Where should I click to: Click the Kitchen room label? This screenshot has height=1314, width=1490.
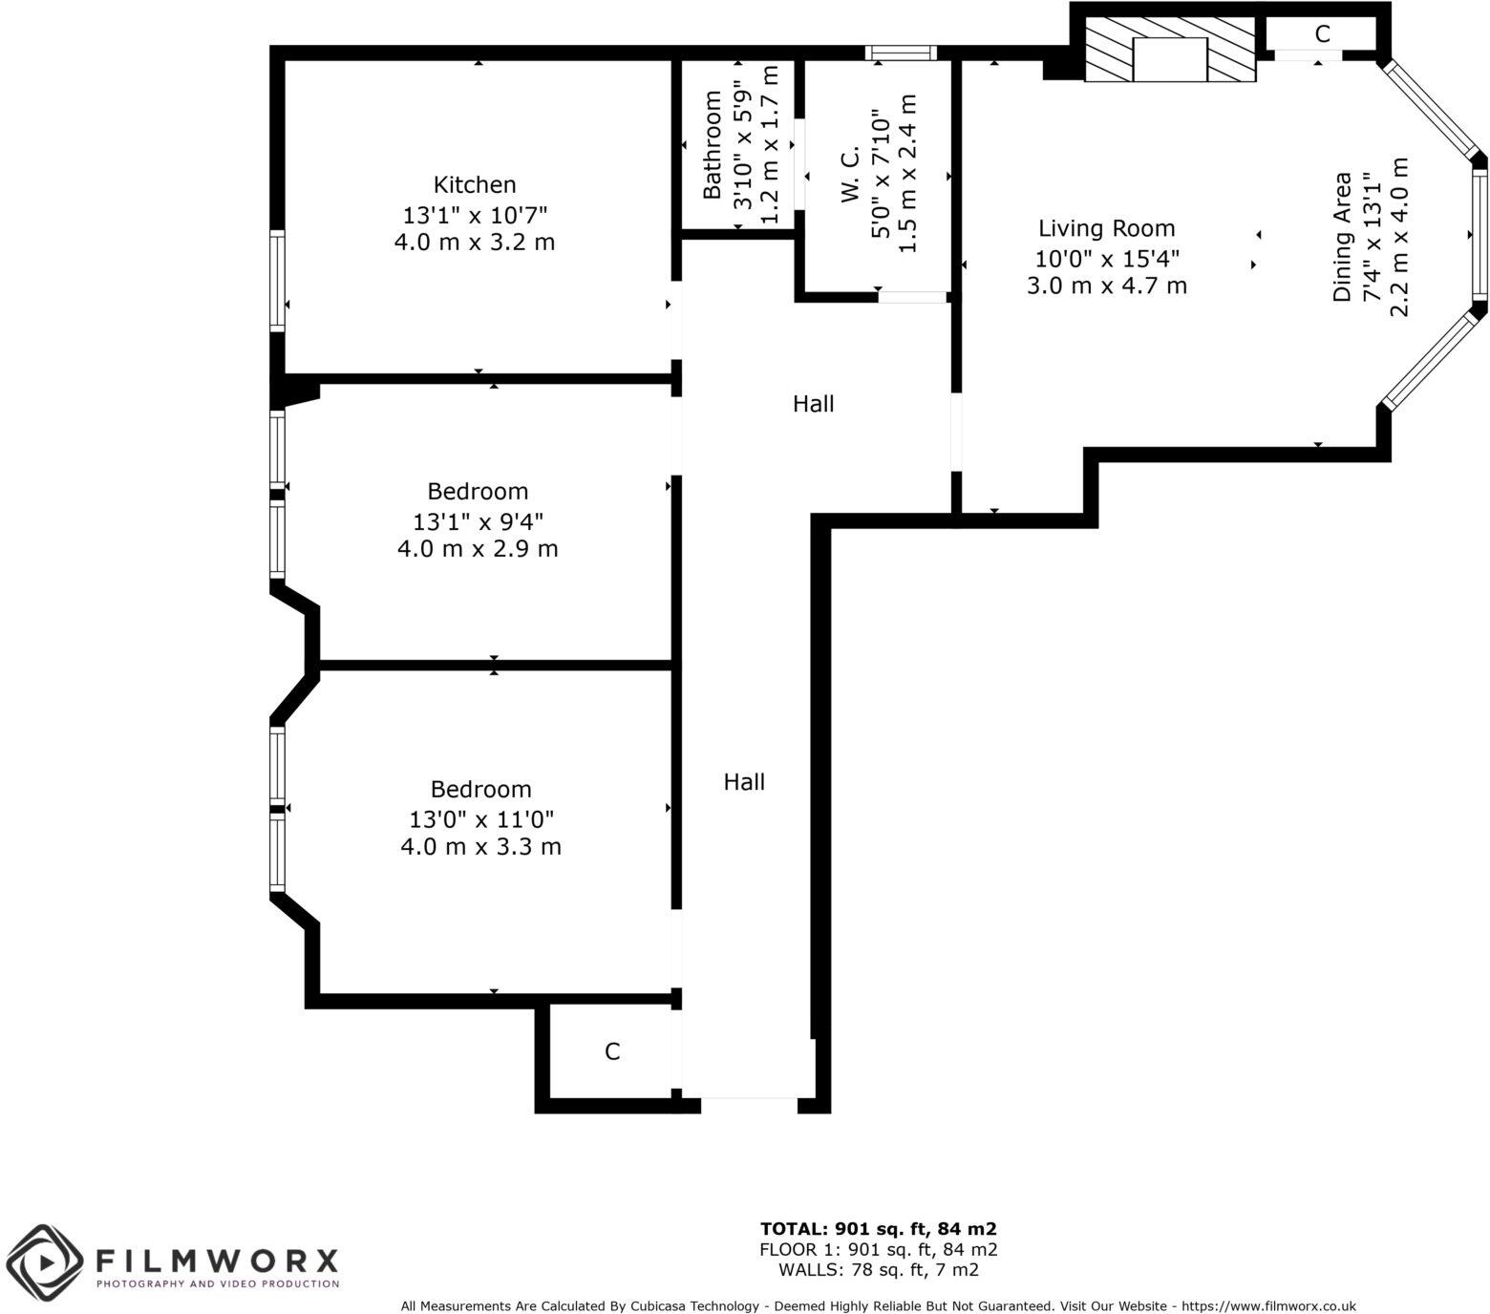pos(475,184)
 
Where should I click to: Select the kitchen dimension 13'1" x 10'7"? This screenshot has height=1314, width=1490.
pos(475,213)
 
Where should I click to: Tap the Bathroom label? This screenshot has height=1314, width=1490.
pos(712,144)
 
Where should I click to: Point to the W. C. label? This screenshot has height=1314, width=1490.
pos(850,174)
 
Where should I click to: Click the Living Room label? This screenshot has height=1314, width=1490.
pos(1106,228)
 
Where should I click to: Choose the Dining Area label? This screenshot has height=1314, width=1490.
pos(1343,237)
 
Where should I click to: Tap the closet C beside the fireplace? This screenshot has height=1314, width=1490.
pos(1322,34)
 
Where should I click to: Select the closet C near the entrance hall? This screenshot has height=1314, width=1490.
pos(612,1051)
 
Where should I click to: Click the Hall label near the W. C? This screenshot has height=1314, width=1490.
pos(813,404)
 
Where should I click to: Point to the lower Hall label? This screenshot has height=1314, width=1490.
pos(743,782)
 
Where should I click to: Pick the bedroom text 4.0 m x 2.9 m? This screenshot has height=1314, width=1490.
pos(478,549)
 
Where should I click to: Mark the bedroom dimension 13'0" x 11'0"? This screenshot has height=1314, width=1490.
pos(480,819)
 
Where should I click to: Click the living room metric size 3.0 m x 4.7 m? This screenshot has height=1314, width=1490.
pos(1106,286)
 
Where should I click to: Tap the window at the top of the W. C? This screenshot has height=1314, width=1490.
pos(900,53)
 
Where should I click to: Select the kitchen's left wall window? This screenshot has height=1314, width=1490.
pos(277,281)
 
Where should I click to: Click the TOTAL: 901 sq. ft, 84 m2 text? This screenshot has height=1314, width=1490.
pos(878,1229)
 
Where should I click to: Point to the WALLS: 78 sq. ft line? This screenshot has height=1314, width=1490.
pos(878,1270)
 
